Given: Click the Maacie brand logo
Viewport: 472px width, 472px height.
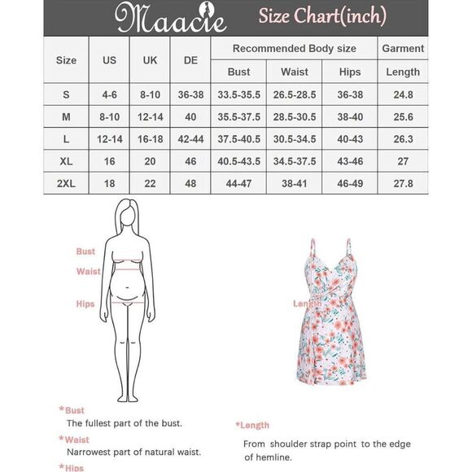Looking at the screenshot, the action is click(x=160, y=17).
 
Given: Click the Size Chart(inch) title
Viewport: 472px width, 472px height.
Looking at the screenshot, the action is click(x=322, y=15).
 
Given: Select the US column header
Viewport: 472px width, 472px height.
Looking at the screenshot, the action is click(x=109, y=60).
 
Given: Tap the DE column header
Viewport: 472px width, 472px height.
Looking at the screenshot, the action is click(x=190, y=60).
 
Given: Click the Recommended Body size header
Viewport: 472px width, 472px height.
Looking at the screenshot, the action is click(x=294, y=48).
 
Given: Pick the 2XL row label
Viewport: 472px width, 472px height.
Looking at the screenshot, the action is click(x=66, y=185).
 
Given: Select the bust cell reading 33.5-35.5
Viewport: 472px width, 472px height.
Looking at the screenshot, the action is click(x=238, y=94).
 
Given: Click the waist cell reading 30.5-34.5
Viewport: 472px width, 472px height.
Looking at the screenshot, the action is click(x=295, y=139).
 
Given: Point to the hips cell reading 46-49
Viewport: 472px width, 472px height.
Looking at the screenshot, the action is click(x=350, y=185).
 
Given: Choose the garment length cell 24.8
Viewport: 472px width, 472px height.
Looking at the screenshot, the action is click(x=403, y=94).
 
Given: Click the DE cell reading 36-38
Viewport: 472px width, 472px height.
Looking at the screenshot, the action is click(x=190, y=94).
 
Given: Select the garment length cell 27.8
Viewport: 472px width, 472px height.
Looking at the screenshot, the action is click(x=403, y=185).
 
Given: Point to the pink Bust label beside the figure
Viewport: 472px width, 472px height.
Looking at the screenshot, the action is click(x=85, y=251).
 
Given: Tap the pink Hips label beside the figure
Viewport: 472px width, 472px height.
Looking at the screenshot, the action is click(x=85, y=304).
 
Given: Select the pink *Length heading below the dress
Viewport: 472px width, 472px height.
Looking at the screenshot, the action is click(x=253, y=425).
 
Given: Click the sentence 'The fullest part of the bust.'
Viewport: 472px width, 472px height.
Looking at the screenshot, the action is click(x=124, y=423).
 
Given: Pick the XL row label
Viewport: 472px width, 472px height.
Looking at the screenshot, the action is click(x=66, y=162).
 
